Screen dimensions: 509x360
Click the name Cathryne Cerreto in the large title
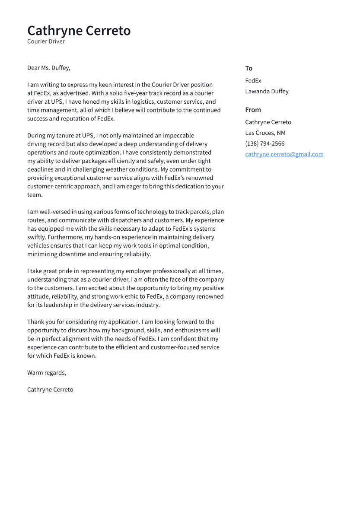[79, 31]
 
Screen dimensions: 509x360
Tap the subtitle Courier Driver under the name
[46, 41]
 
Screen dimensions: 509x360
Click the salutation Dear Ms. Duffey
[48, 68]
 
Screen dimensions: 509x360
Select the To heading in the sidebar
[248, 68]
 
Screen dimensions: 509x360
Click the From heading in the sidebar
[253, 110]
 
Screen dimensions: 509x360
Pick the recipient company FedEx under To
[253, 81]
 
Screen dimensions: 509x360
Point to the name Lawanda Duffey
[267, 92]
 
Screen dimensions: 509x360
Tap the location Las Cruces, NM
[265, 133]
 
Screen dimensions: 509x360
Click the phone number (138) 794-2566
[264, 144]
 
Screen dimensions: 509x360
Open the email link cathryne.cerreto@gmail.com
[284, 154]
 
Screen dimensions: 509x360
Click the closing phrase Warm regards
[46, 372]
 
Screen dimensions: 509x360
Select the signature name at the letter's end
[50, 390]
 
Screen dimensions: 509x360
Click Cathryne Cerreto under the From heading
[268, 122]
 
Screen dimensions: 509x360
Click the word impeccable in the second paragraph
[177, 136]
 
